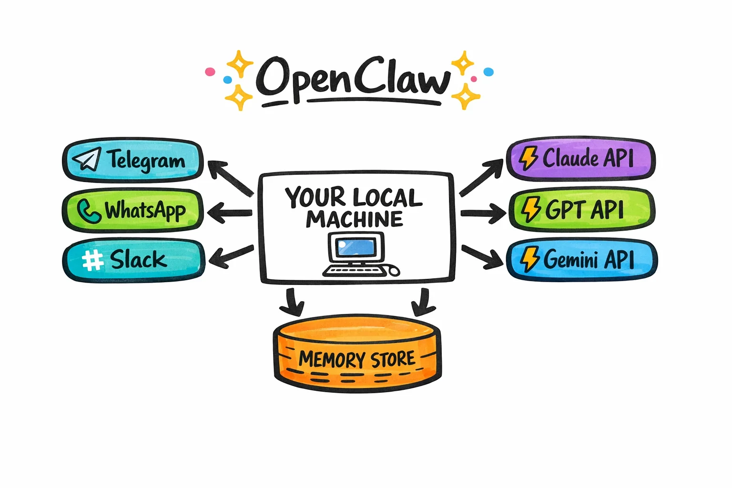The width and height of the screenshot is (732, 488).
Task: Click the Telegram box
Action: (133, 161)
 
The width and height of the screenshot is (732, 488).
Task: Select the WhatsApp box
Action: (133, 210)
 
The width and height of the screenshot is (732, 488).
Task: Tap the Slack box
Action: (133, 260)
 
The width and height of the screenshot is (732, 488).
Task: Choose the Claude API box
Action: (580, 159)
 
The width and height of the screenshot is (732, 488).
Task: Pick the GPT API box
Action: (581, 210)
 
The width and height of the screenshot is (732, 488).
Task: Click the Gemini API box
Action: (581, 260)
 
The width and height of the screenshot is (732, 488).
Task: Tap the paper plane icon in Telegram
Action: (87, 159)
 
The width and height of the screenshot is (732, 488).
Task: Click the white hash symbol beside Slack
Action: (92, 260)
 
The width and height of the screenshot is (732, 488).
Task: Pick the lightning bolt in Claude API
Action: (528, 158)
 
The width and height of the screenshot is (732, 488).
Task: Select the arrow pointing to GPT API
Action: (482, 213)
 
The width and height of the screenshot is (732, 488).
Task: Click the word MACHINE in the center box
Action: (355, 219)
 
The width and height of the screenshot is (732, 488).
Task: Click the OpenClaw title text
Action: (353, 79)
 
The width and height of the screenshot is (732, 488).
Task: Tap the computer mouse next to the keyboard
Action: (394, 271)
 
